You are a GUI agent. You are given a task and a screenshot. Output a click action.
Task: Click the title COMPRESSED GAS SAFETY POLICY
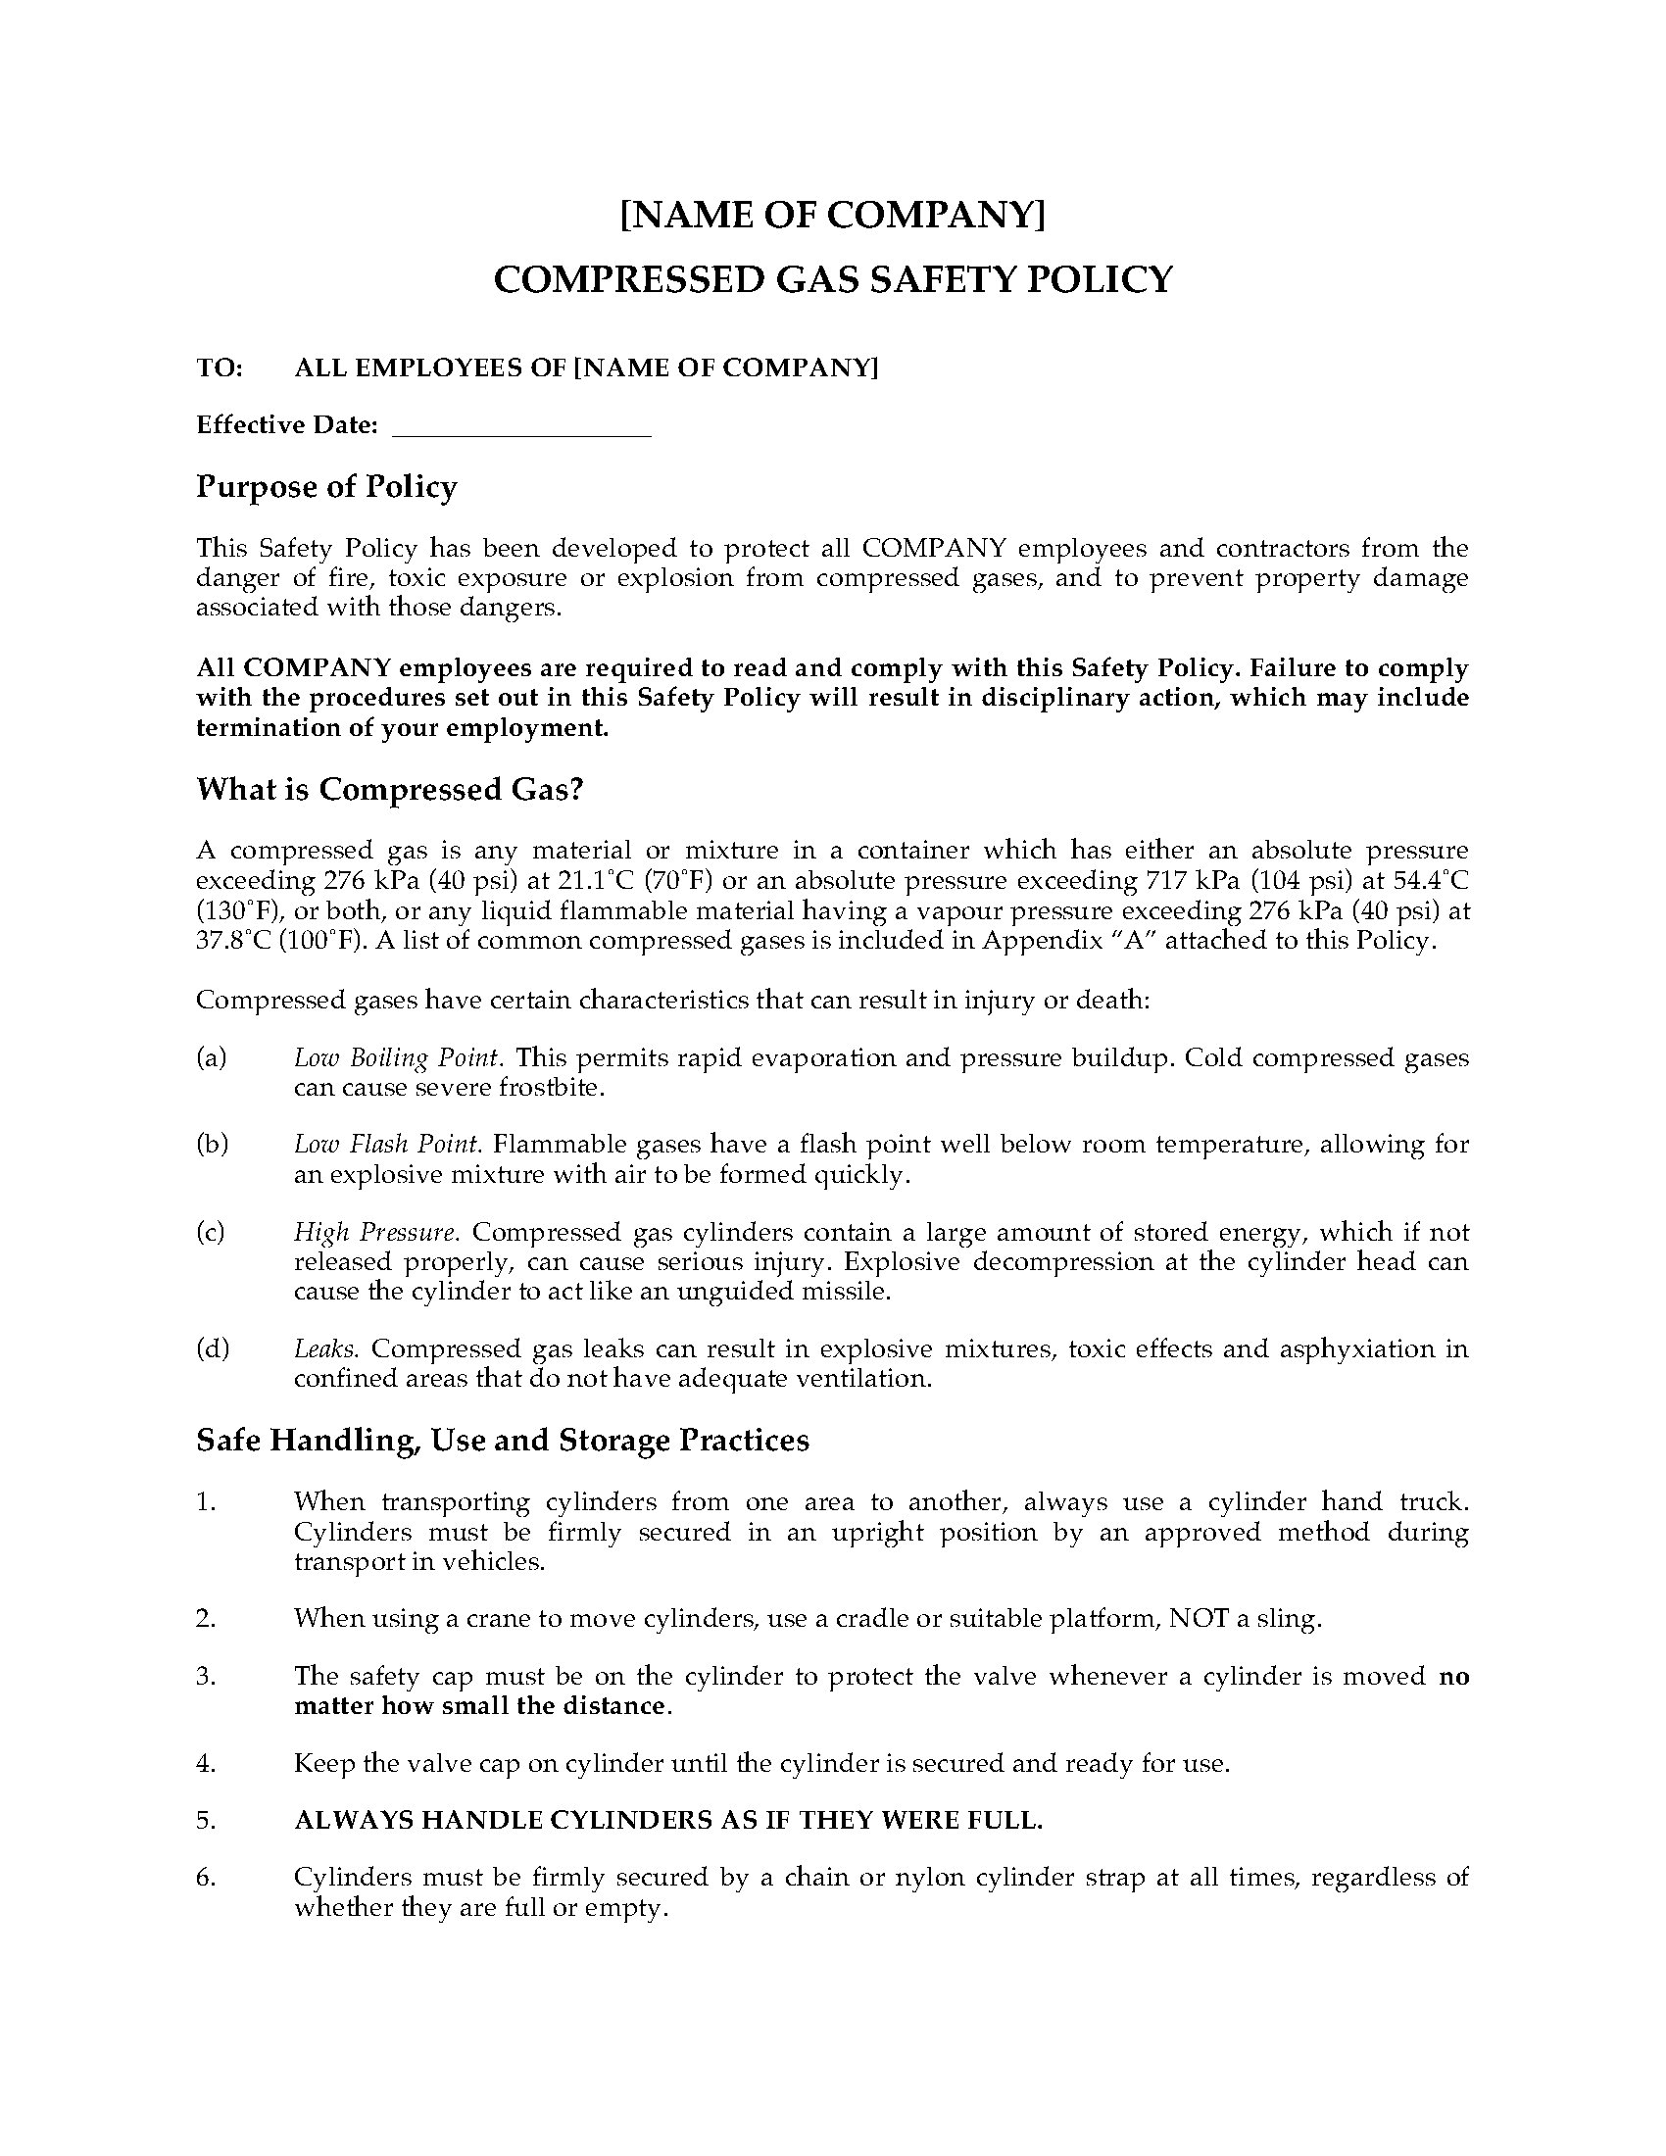832,279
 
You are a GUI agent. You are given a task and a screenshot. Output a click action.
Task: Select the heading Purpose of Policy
326,487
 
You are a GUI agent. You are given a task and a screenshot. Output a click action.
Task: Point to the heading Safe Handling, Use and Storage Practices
503,1441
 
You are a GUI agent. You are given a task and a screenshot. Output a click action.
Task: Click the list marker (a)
212,1057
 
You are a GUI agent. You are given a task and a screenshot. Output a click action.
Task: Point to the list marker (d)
213,1348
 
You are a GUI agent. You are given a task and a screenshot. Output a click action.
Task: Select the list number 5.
205,1821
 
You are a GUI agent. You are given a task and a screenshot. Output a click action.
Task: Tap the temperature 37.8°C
232,940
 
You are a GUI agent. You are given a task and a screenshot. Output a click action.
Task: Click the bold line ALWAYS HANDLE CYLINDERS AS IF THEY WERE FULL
668,1821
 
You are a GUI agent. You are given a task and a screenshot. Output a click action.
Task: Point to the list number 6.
205,1878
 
